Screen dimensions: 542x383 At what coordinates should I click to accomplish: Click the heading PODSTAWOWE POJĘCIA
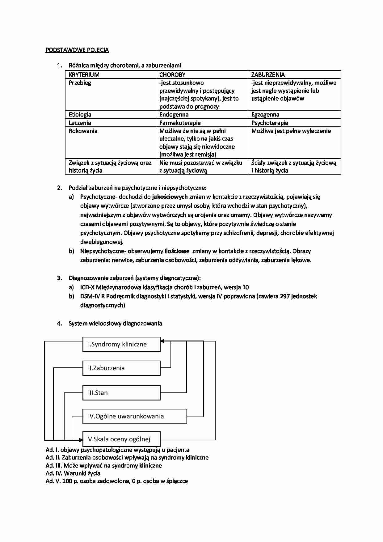coord(77,50)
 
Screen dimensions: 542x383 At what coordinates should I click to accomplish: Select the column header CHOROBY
coord(172,74)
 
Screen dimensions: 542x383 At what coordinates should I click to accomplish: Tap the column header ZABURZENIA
coord(268,74)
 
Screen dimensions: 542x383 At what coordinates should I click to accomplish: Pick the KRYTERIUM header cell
coord(84,74)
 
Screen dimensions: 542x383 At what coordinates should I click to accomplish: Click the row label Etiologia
coord(80,115)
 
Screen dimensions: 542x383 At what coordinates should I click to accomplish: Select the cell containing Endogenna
coord(174,115)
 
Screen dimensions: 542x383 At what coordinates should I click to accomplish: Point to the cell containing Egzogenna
coord(265,115)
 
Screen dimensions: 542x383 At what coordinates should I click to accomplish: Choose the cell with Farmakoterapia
coord(180,123)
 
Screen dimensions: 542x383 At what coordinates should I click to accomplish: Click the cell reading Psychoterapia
coord(270,123)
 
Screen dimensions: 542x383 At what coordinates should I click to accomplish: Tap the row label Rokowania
coord(83,131)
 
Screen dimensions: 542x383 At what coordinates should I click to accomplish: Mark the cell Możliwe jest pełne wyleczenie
coord(291,131)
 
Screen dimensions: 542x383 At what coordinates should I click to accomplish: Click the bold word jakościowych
coord(170,197)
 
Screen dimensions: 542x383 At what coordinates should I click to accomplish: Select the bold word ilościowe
coord(177,251)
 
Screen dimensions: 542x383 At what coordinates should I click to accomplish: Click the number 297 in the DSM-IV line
coord(285,296)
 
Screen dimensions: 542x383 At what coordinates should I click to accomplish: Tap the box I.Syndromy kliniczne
coord(121,344)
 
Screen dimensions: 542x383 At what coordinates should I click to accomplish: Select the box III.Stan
coord(121,393)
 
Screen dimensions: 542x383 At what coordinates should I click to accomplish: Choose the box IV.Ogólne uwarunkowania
coord(135,416)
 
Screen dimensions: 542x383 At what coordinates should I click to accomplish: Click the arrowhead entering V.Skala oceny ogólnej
coord(81,439)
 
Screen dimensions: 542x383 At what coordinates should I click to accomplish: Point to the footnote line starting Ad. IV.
coord(73,473)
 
